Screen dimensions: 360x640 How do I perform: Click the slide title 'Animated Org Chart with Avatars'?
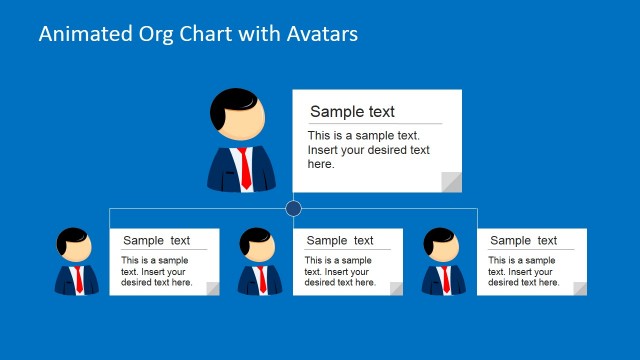198,34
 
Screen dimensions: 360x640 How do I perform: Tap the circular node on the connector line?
293,209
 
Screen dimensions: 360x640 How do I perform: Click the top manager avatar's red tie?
244,168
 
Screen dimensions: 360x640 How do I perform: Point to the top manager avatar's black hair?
236,101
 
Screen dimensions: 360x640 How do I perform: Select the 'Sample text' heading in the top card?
352,112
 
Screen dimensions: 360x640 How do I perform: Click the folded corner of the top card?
451,181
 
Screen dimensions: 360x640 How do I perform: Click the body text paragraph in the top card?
368,150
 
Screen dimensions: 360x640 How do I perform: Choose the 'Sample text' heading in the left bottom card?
156,240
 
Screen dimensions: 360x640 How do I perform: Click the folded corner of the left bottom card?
212,289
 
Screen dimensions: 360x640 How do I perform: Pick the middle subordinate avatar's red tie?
262,279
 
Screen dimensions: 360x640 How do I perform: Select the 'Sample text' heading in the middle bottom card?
340,240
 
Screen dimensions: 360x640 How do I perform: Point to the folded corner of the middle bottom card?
396,289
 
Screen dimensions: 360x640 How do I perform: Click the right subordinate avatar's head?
440,246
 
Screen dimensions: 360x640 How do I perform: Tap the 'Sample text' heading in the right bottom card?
523,240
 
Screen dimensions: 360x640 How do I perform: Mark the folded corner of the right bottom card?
579,289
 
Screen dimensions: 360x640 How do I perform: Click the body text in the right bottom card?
523,272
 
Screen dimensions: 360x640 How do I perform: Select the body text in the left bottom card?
156,272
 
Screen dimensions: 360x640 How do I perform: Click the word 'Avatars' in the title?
320,34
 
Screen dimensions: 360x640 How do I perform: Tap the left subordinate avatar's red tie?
79,279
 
